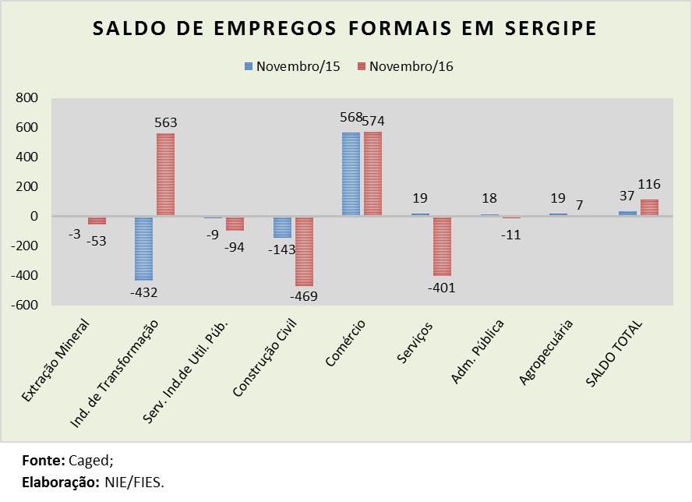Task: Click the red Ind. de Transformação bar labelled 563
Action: [166, 175]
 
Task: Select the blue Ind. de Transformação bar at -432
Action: [143, 248]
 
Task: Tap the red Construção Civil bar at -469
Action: [303, 251]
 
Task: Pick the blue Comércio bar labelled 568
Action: [351, 174]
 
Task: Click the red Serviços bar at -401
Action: [442, 246]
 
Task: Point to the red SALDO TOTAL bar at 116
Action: [649, 208]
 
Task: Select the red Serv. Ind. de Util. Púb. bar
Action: [235, 224]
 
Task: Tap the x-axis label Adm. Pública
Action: [478, 352]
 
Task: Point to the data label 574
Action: [373, 121]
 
